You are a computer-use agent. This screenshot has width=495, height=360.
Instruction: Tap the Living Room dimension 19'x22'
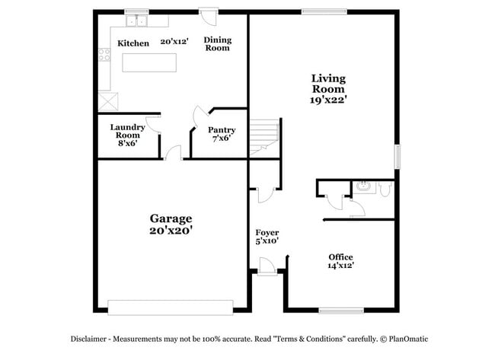tap(328, 99)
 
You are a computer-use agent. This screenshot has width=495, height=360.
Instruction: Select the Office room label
tap(340, 256)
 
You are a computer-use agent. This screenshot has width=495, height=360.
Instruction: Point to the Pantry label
tap(222, 130)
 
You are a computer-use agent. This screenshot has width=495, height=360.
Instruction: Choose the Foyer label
tap(267, 232)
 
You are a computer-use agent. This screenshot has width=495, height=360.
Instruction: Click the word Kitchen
tap(133, 43)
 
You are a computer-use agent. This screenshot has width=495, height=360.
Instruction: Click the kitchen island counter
tap(148, 63)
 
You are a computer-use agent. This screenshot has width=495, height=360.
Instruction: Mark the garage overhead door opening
tap(170, 307)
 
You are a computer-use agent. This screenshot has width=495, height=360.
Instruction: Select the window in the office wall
tap(340, 310)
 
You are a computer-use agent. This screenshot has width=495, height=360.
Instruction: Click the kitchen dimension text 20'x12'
tap(174, 43)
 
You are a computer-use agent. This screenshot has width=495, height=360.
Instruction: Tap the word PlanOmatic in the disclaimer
tap(410, 339)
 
